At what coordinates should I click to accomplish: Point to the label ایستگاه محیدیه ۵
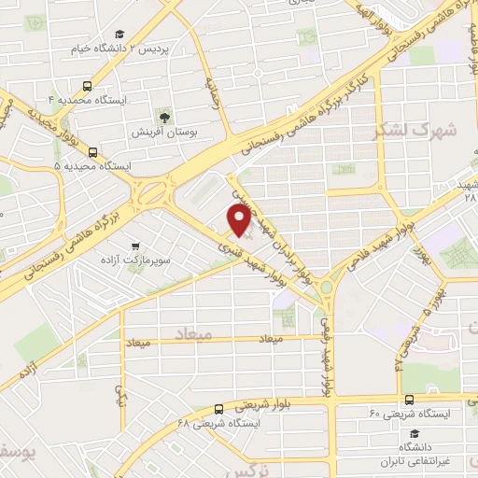(93, 165)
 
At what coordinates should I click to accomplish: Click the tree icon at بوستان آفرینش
(163, 118)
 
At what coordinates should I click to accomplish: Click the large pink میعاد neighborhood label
(193, 332)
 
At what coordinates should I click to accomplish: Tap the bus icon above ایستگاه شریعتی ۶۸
(218, 408)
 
